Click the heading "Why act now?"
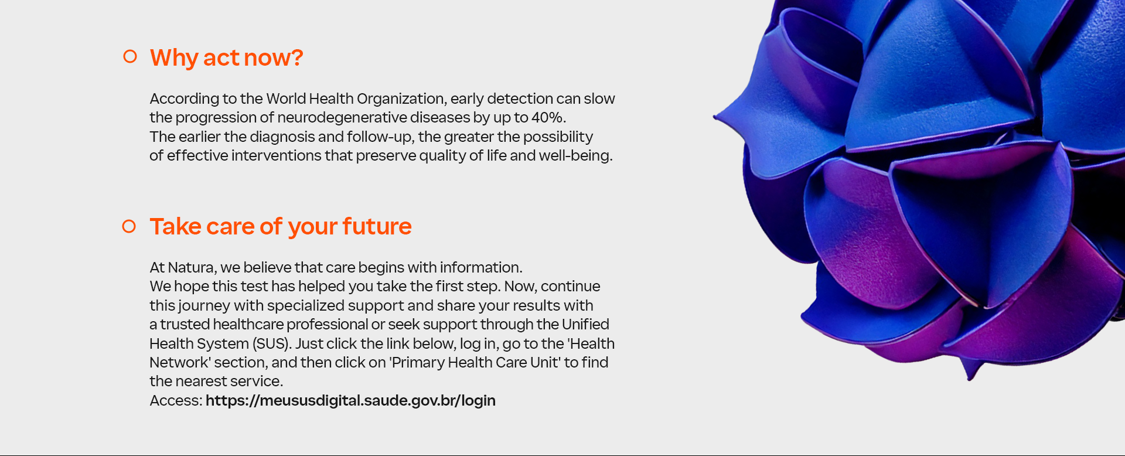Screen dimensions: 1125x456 coord(226,58)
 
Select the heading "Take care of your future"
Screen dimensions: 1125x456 coord(281,227)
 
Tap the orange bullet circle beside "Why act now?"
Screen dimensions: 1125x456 coord(130,56)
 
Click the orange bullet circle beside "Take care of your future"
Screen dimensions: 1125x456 coord(129,226)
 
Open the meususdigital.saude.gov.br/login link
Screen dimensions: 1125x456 coord(350,400)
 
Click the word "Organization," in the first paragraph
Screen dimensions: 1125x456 coord(401,98)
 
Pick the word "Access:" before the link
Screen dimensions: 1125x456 coord(176,400)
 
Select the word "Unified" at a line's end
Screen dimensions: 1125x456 coord(585,324)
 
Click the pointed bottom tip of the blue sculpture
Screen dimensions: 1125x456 coord(970,379)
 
